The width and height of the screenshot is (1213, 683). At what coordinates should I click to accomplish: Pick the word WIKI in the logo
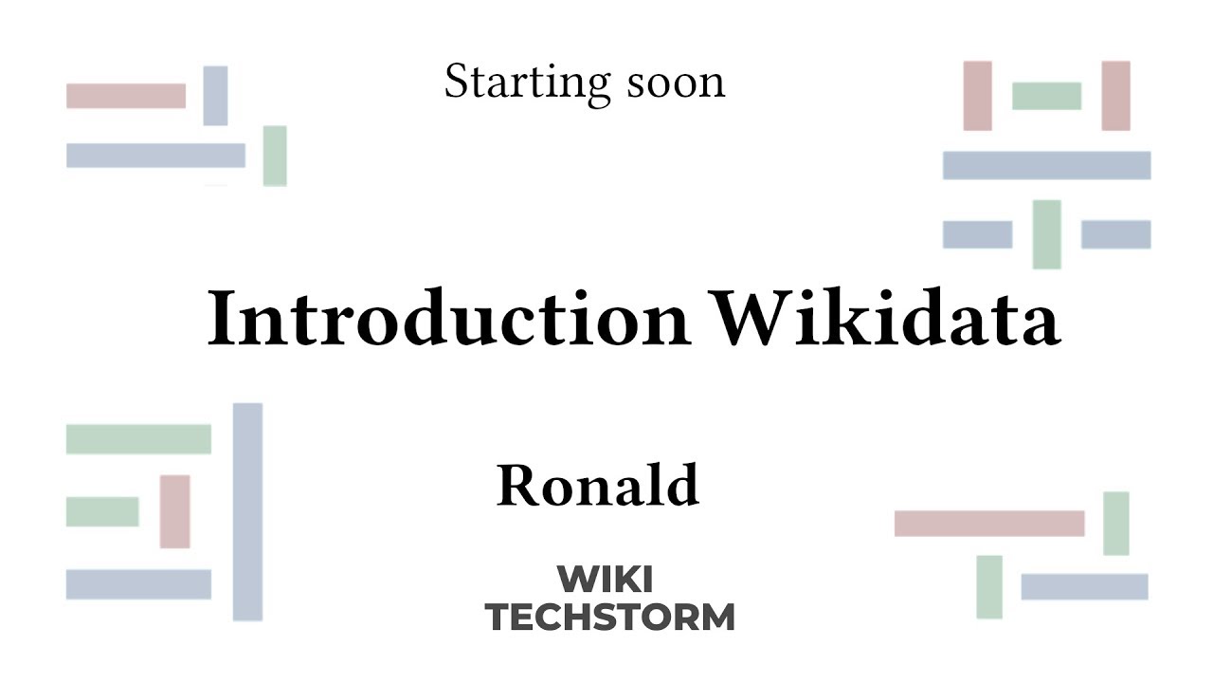[x=605, y=579]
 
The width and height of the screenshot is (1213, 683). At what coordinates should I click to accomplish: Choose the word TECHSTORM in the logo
[x=609, y=617]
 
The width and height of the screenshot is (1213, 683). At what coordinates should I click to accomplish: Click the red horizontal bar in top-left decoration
[x=126, y=96]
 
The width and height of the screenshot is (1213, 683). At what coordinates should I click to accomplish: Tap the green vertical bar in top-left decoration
[x=275, y=156]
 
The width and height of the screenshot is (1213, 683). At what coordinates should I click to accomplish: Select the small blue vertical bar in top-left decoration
[x=215, y=96]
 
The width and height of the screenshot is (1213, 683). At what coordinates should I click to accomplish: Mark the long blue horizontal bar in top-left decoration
[x=155, y=156]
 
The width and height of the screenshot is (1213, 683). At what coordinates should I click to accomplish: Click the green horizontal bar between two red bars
[x=1046, y=96]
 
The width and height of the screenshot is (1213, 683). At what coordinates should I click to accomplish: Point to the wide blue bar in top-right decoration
[x=1046, y=165]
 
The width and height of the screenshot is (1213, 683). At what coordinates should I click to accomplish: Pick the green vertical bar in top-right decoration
[x=1046, y=234]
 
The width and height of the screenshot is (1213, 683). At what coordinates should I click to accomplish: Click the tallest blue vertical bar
[x=247, y=512]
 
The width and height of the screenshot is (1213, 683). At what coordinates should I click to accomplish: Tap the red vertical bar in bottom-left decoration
[x=175, y=511]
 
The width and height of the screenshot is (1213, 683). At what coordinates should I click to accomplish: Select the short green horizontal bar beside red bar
[x=102, y=511]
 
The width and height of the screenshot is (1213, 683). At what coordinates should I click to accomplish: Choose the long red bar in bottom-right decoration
[x=989, y=524]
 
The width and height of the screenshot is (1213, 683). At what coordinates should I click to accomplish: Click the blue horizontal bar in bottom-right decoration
[x=1084, y=587]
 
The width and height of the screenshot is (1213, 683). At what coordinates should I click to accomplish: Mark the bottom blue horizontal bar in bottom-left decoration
[x=138, y=584]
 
